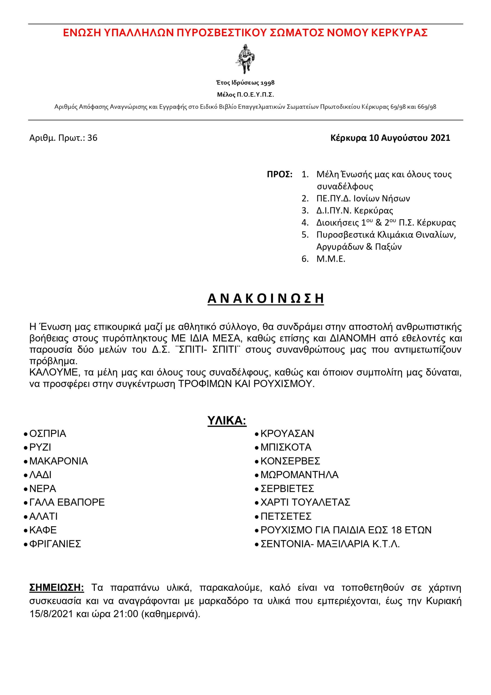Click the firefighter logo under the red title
point(244,59)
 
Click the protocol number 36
point(92,138)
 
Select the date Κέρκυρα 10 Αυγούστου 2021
point(390,138)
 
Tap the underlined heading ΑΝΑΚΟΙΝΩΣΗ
point(265,298)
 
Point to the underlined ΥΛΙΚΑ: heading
point(227,421)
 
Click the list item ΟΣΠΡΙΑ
point(47,434)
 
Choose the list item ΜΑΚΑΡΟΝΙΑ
point(58,461)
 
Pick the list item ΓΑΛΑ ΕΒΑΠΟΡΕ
point(67,502)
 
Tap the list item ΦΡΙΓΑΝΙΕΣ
point(55,544)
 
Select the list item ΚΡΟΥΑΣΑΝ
point(287,434)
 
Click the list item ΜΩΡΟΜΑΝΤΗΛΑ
point(299,475)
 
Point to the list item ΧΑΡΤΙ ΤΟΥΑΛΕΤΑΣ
point(305,502)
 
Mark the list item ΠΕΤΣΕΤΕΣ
point(286,516)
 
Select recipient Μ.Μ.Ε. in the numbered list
point(331,259)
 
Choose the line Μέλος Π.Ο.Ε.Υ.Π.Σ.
point(245,95)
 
